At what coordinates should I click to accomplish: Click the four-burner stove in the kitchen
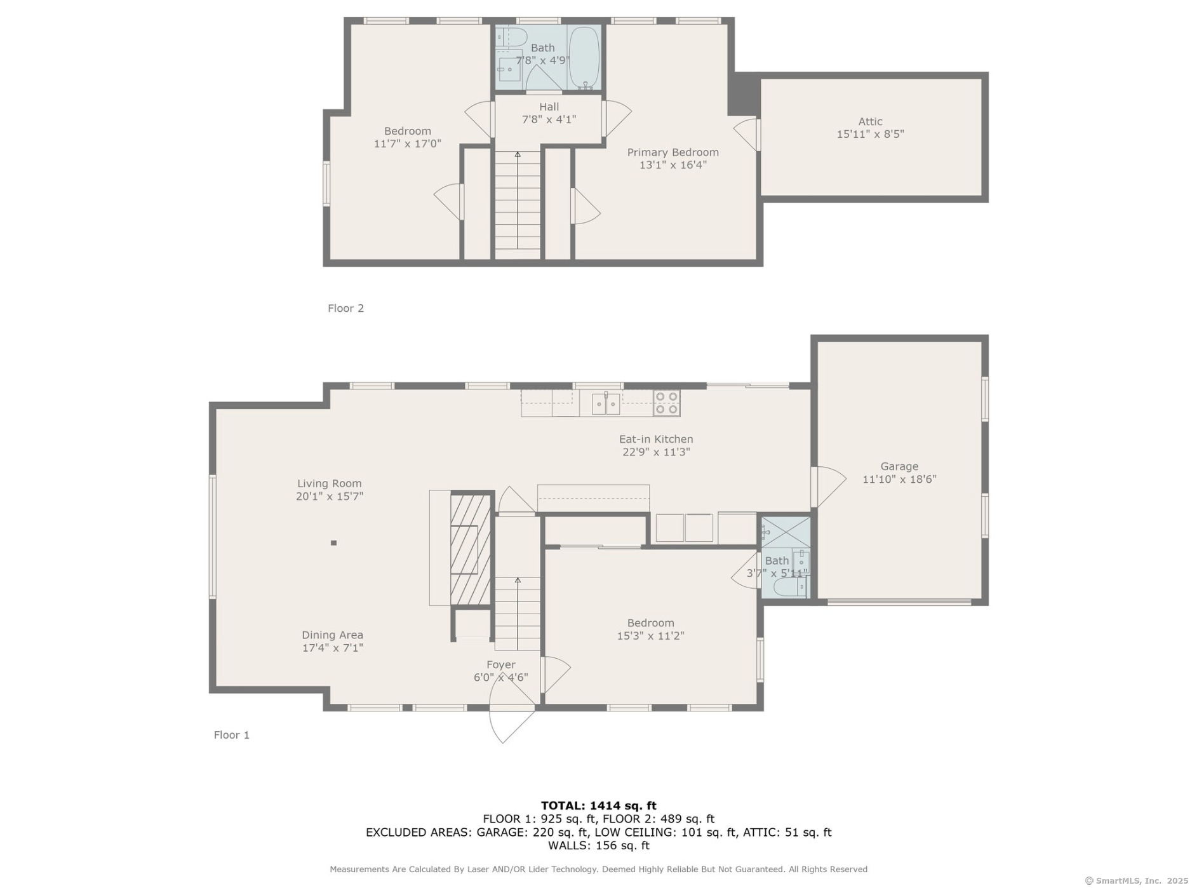point(666,403)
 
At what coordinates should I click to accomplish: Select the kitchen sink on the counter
point(606,404)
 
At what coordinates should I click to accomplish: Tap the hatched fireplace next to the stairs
point(471,549)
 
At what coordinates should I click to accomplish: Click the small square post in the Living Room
point(333,542)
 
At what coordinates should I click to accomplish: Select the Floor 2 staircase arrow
point(518,199)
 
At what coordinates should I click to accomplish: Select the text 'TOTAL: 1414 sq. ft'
point(598,806)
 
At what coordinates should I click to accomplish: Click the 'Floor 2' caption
point(345,308)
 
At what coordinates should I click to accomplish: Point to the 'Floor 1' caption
point(231,735)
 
